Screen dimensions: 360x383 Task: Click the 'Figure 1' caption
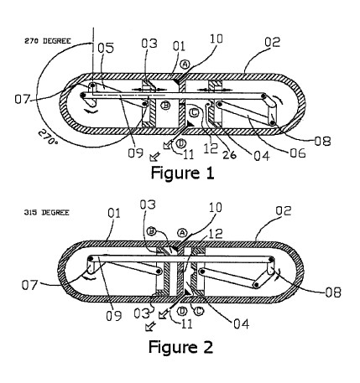tap(182, 173)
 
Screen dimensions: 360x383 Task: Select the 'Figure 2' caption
tap(180, 347)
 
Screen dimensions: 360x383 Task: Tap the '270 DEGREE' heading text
tap(48, 41)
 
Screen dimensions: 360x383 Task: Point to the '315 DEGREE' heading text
tap(46, 213)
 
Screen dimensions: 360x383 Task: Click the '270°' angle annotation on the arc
tap(48, 136)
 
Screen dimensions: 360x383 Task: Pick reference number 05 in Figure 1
tap(106, 48)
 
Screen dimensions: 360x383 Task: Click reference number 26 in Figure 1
tap(229, 154)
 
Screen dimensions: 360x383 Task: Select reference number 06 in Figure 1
tap(298, 153)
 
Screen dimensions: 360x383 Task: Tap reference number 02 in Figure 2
tap(284, 210)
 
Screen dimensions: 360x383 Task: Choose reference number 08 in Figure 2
tap(333, 292)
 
